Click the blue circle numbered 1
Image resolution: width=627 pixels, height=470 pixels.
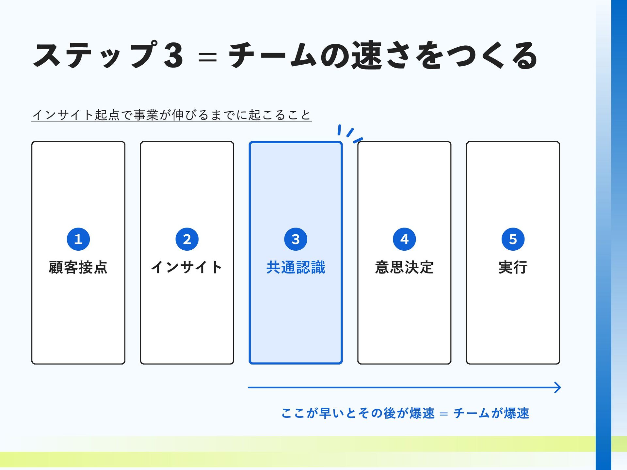(x=78, y=239)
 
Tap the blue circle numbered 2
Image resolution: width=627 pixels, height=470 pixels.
(x=187, y=239)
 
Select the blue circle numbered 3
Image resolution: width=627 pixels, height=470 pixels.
(x=296, y=239)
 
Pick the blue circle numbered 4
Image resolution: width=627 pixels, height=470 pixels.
(x=404, y=239)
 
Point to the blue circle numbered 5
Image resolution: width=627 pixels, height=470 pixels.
(x=513, y=239)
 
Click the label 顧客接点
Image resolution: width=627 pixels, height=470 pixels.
(x=78, y=267)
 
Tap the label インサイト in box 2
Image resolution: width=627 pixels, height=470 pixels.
(x=187, y=267)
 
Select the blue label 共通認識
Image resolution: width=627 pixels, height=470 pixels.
(x=296, y=267)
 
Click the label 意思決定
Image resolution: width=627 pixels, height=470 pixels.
(x=404, y=267)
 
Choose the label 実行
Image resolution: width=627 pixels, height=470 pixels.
(x=513, y=267)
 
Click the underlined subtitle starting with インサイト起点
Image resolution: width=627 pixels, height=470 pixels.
(x=172, y=115)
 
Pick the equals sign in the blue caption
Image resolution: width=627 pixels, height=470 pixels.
(x=444, y=414)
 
